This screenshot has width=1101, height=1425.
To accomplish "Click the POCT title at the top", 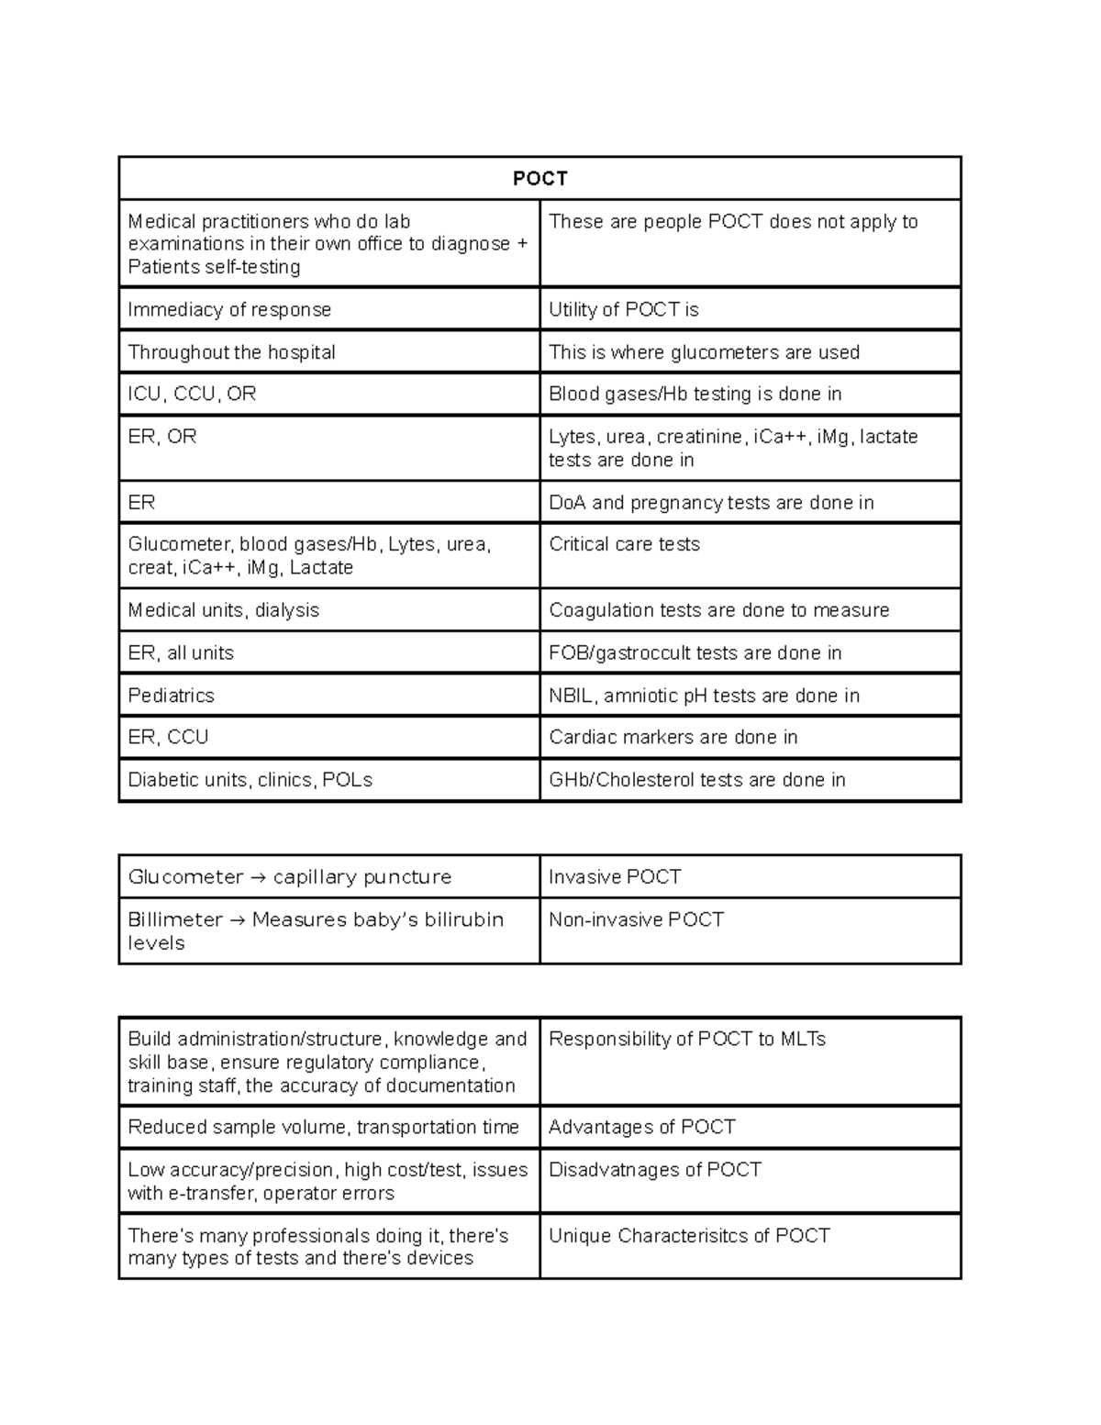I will click(539, 178).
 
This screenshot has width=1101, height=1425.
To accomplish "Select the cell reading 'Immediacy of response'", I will click(229, 310).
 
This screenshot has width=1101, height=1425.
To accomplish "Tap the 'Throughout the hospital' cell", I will click(231, 352).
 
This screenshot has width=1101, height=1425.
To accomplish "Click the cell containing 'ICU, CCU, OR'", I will click(192, 394).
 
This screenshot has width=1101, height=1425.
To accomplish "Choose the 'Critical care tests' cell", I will click(624, 544).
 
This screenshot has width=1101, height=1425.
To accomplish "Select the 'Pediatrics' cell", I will click(171, 696).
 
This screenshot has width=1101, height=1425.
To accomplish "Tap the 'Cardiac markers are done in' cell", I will click(673, 737).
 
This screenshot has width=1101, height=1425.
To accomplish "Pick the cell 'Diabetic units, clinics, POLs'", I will click(250, 780).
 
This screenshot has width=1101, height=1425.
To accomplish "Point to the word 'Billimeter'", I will click(175, 919).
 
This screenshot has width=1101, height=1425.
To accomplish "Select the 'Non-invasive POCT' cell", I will click(636, 919).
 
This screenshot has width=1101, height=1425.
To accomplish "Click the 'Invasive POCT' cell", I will click(614, 877).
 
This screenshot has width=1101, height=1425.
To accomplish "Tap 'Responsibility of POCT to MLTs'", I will click(686, 1039).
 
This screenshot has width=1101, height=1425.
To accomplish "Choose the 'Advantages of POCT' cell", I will click(641, 1127).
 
